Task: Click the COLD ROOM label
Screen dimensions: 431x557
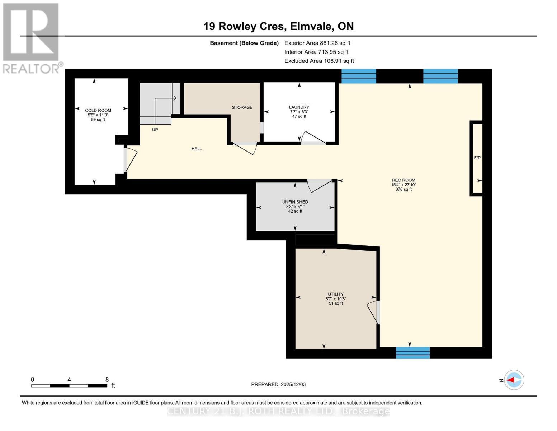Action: pos(98,110)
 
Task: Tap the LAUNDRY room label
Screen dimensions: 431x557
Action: pos(299,107)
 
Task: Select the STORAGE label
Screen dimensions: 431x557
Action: pos(242,107)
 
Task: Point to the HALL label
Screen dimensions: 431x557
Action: pos(197,148)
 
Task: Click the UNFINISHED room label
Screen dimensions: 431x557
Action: pos(295,202)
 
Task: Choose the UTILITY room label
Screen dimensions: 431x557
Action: pos(336,294)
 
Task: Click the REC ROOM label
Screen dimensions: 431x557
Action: pos(403,180)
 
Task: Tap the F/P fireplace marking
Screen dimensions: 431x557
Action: pos(477,158)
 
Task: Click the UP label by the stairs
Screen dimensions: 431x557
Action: pos(155,130)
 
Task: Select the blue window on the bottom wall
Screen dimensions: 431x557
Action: pos(412,353)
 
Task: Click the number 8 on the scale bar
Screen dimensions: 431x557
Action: pos(107,379)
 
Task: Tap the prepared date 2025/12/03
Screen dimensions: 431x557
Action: pos(293,384)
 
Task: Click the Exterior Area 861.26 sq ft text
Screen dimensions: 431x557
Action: pos(317,43)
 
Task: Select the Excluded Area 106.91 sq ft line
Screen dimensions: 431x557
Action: pos(319,61)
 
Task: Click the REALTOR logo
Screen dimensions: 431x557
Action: pos(32,38)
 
